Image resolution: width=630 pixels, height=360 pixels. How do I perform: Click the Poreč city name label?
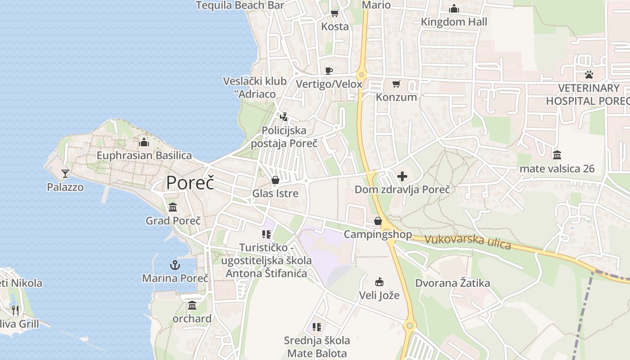tap(190, 183)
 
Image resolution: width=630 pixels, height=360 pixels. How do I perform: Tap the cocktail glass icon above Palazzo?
tap(65, 173)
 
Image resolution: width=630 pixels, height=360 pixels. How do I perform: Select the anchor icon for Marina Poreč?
tap(175, 265)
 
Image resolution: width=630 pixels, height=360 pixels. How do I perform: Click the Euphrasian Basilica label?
tap(144, 156)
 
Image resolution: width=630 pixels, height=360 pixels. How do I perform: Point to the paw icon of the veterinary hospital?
tap(589, 74)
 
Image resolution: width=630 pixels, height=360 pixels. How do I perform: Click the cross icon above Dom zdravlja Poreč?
tap(402, 176)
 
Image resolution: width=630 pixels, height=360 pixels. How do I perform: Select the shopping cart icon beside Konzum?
tap(396, 84)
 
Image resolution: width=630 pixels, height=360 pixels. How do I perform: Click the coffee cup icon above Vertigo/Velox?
tap(329, 71)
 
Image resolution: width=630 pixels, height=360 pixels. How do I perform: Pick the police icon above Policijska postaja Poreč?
tap(283, 117)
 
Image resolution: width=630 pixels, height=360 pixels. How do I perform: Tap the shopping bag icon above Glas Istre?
tap(275, 180)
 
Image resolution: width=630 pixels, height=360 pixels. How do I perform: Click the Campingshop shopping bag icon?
tap(378, 221)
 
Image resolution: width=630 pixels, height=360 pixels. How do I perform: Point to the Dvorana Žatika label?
tap(452, 283)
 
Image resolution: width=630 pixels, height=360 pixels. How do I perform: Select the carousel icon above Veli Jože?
tap(379, 282)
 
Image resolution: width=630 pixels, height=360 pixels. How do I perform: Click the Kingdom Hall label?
tap(454, 22)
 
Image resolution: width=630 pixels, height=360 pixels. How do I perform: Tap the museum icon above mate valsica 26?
tap(557, 155)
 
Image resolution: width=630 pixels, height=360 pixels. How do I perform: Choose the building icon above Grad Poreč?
tap(173, 207)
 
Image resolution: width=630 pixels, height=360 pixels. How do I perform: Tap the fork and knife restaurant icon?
tap(15, 310)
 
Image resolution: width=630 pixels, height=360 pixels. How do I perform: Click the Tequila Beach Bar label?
tap(240, 5)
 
